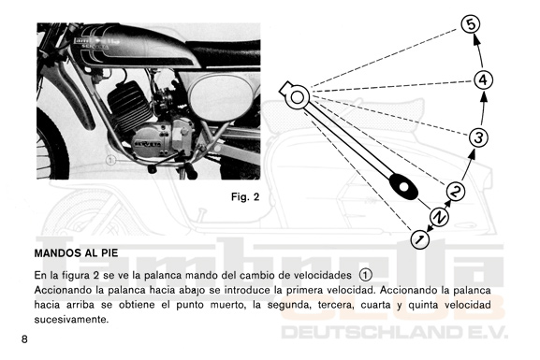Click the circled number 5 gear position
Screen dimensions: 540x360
tap(471, 24)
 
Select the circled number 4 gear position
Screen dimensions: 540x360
tap(483, 79)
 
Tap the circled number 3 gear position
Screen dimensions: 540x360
tap(478, 137)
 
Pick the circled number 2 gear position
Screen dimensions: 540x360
tap(455, 191)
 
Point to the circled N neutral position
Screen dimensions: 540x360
tap(440, 217)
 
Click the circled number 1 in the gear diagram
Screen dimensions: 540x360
tap(420, 238)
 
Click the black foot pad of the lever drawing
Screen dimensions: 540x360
tap(403, 187)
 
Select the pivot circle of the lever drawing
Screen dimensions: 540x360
tap(298, 97)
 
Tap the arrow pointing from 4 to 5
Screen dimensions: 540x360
tap(478, 50)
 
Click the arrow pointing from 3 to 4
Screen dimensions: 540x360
tap(483, 108)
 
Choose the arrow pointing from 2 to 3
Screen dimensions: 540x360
tap(468, 165)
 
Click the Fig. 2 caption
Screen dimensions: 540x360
tap(245, 197)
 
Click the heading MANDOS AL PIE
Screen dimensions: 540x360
tap(76, 253)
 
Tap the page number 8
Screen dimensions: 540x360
tap(24, 339)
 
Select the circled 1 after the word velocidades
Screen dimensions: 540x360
tap(365, 275)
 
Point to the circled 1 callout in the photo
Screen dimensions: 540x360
tap(110, 160)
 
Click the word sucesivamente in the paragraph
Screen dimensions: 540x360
tap(71, 320)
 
